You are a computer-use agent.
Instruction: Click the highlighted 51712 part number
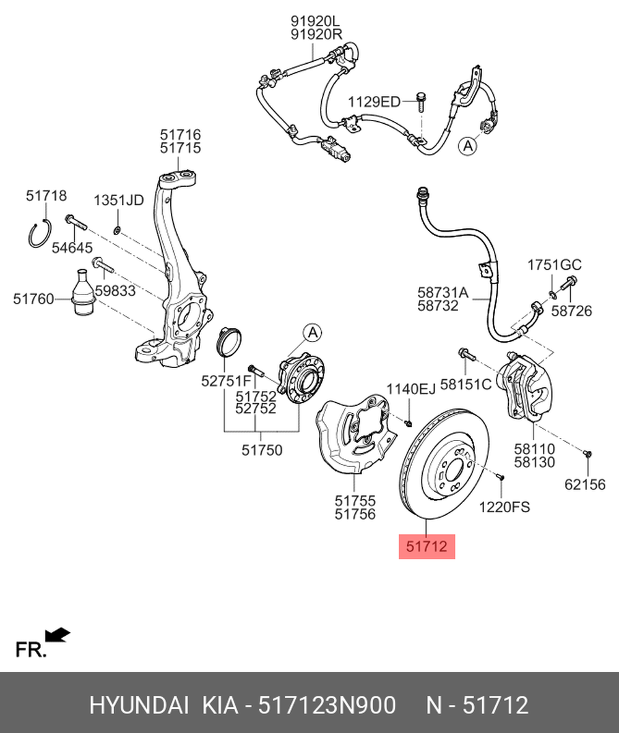(426, 546)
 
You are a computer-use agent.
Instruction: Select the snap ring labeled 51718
(39, 234)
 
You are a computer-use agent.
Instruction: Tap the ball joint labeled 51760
(81, 293)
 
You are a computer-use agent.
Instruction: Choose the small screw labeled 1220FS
(500, 477)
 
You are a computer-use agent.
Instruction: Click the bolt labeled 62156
(587, 455)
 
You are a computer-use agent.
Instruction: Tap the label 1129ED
(373, 101)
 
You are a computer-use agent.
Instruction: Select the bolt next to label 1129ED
(422, 101)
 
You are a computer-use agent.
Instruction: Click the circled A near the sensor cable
(468, 146)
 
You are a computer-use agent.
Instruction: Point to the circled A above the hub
(313, 333)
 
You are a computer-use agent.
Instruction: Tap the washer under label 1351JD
(117, 231)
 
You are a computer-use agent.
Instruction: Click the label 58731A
(443, 292)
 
